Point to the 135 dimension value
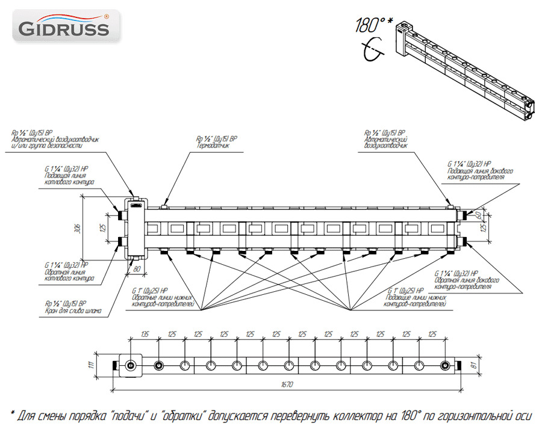[x=145, y=333]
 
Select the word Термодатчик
[x=211, y=145]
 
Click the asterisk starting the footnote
[x=13, y=413]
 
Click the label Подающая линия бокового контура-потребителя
[x=481, y=174]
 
